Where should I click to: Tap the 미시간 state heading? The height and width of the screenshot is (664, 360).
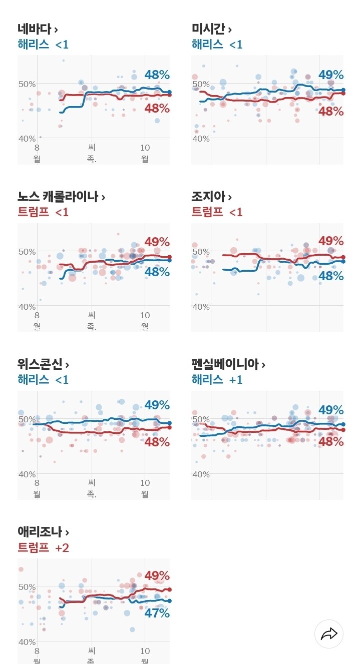211,29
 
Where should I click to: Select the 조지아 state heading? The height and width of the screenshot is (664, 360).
211,197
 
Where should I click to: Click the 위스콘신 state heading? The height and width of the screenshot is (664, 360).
43,364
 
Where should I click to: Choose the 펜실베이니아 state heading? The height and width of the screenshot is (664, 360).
228,364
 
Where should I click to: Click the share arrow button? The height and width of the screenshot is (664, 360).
329,634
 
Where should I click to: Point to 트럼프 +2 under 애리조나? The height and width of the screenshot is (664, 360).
43,548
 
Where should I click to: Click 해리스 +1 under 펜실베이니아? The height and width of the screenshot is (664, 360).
217,380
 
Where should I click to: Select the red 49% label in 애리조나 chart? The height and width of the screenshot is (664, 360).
157,576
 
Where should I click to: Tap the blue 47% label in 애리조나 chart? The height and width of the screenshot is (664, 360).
157,613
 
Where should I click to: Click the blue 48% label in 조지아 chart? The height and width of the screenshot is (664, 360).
331,276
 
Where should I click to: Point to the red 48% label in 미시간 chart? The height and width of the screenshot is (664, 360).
331,112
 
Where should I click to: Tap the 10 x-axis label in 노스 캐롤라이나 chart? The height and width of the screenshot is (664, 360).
145,315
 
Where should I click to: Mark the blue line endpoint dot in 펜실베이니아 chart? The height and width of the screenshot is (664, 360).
343,424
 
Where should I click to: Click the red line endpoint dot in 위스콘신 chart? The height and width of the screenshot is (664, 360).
169,427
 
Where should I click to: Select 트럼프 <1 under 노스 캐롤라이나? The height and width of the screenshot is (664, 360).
43,212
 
